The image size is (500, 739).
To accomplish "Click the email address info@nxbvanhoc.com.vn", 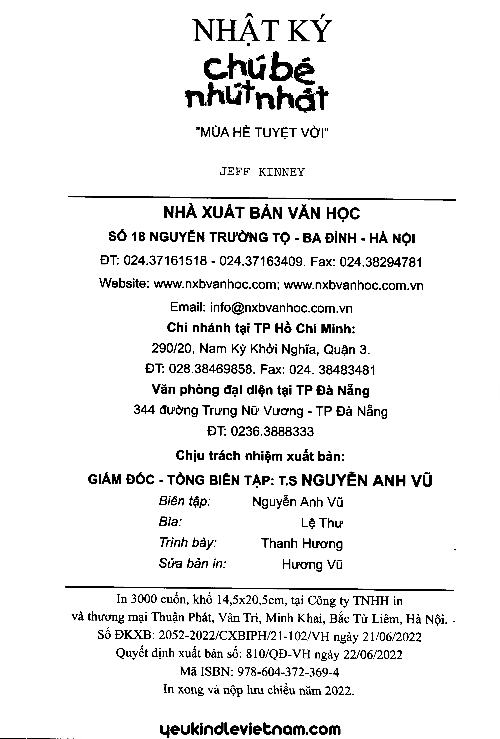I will pyautogui.click(x=281, y=308).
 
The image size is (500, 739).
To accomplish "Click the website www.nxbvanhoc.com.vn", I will pyautogui.click(x=353, y=285).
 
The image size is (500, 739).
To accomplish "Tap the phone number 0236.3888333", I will pyautogui.click(x=272, y=432).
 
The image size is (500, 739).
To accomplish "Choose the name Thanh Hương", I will pyautogui.click(x=302, y=543).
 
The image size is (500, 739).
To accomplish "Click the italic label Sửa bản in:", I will pyautogui.click(x=192, y=564).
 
